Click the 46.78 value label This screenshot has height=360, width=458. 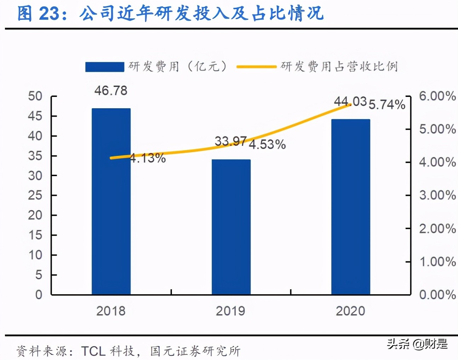(111, 91)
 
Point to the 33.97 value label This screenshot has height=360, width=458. (230, 141)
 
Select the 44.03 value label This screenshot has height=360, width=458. (350, 101)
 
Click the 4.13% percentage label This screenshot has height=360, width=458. (148, 158)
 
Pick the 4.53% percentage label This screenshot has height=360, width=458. (267, 144)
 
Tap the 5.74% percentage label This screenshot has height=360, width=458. (387, 104)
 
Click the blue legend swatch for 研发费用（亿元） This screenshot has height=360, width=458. (104, 67)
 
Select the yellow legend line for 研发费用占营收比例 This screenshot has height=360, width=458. (256, 66)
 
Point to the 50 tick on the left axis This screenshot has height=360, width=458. (35, 96)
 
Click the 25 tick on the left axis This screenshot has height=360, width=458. (35, 195)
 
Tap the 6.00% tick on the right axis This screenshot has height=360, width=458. (437, 96)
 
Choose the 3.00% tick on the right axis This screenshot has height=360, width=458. (437, 195)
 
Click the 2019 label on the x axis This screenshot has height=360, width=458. (230, 311)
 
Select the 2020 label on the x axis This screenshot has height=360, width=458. (350, 311)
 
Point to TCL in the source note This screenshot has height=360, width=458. (93, 351)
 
